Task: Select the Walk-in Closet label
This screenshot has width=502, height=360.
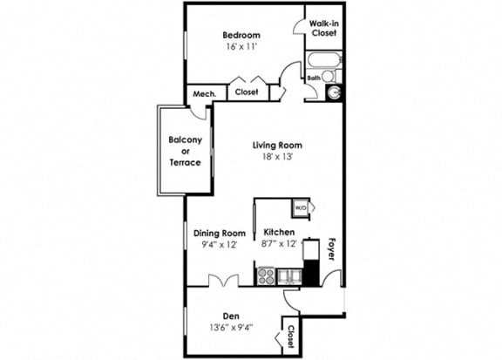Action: coord(323,28)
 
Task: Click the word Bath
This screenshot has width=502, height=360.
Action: coord(314,78)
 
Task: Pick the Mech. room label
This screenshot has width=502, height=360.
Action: coord(204,93)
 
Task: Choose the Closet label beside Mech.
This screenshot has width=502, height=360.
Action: coord(247,92)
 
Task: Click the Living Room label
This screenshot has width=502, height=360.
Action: coord(277,145)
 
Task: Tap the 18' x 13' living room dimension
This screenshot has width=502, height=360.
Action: coord(277,158)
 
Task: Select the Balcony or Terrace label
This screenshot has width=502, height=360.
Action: coord(185,151)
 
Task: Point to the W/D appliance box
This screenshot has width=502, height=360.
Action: coord(301,208)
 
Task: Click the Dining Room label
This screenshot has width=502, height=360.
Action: coord(220,233)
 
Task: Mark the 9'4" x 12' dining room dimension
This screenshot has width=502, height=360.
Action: coord(220,245)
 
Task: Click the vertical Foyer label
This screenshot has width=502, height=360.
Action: coord(331,248)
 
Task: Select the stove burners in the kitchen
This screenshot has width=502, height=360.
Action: coord(267,276)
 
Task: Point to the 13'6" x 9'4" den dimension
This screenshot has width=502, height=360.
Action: coord(230,329)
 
